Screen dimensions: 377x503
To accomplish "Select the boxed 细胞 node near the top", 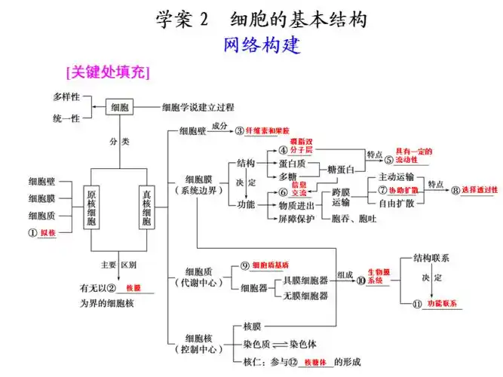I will click(120, 107).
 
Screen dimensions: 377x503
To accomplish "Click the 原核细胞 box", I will click(90, 206).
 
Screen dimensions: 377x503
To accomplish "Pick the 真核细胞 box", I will click(148, 206).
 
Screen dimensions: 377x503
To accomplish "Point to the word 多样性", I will click(66, 98).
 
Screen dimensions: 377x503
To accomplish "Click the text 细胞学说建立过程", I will click(198, 107).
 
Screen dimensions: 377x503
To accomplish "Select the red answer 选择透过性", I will click(480, 189).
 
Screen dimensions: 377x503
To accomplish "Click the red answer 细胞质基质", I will click(270, 266).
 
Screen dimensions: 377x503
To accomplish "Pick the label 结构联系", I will click(431, 258).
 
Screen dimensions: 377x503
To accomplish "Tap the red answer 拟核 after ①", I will click(48, 234).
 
